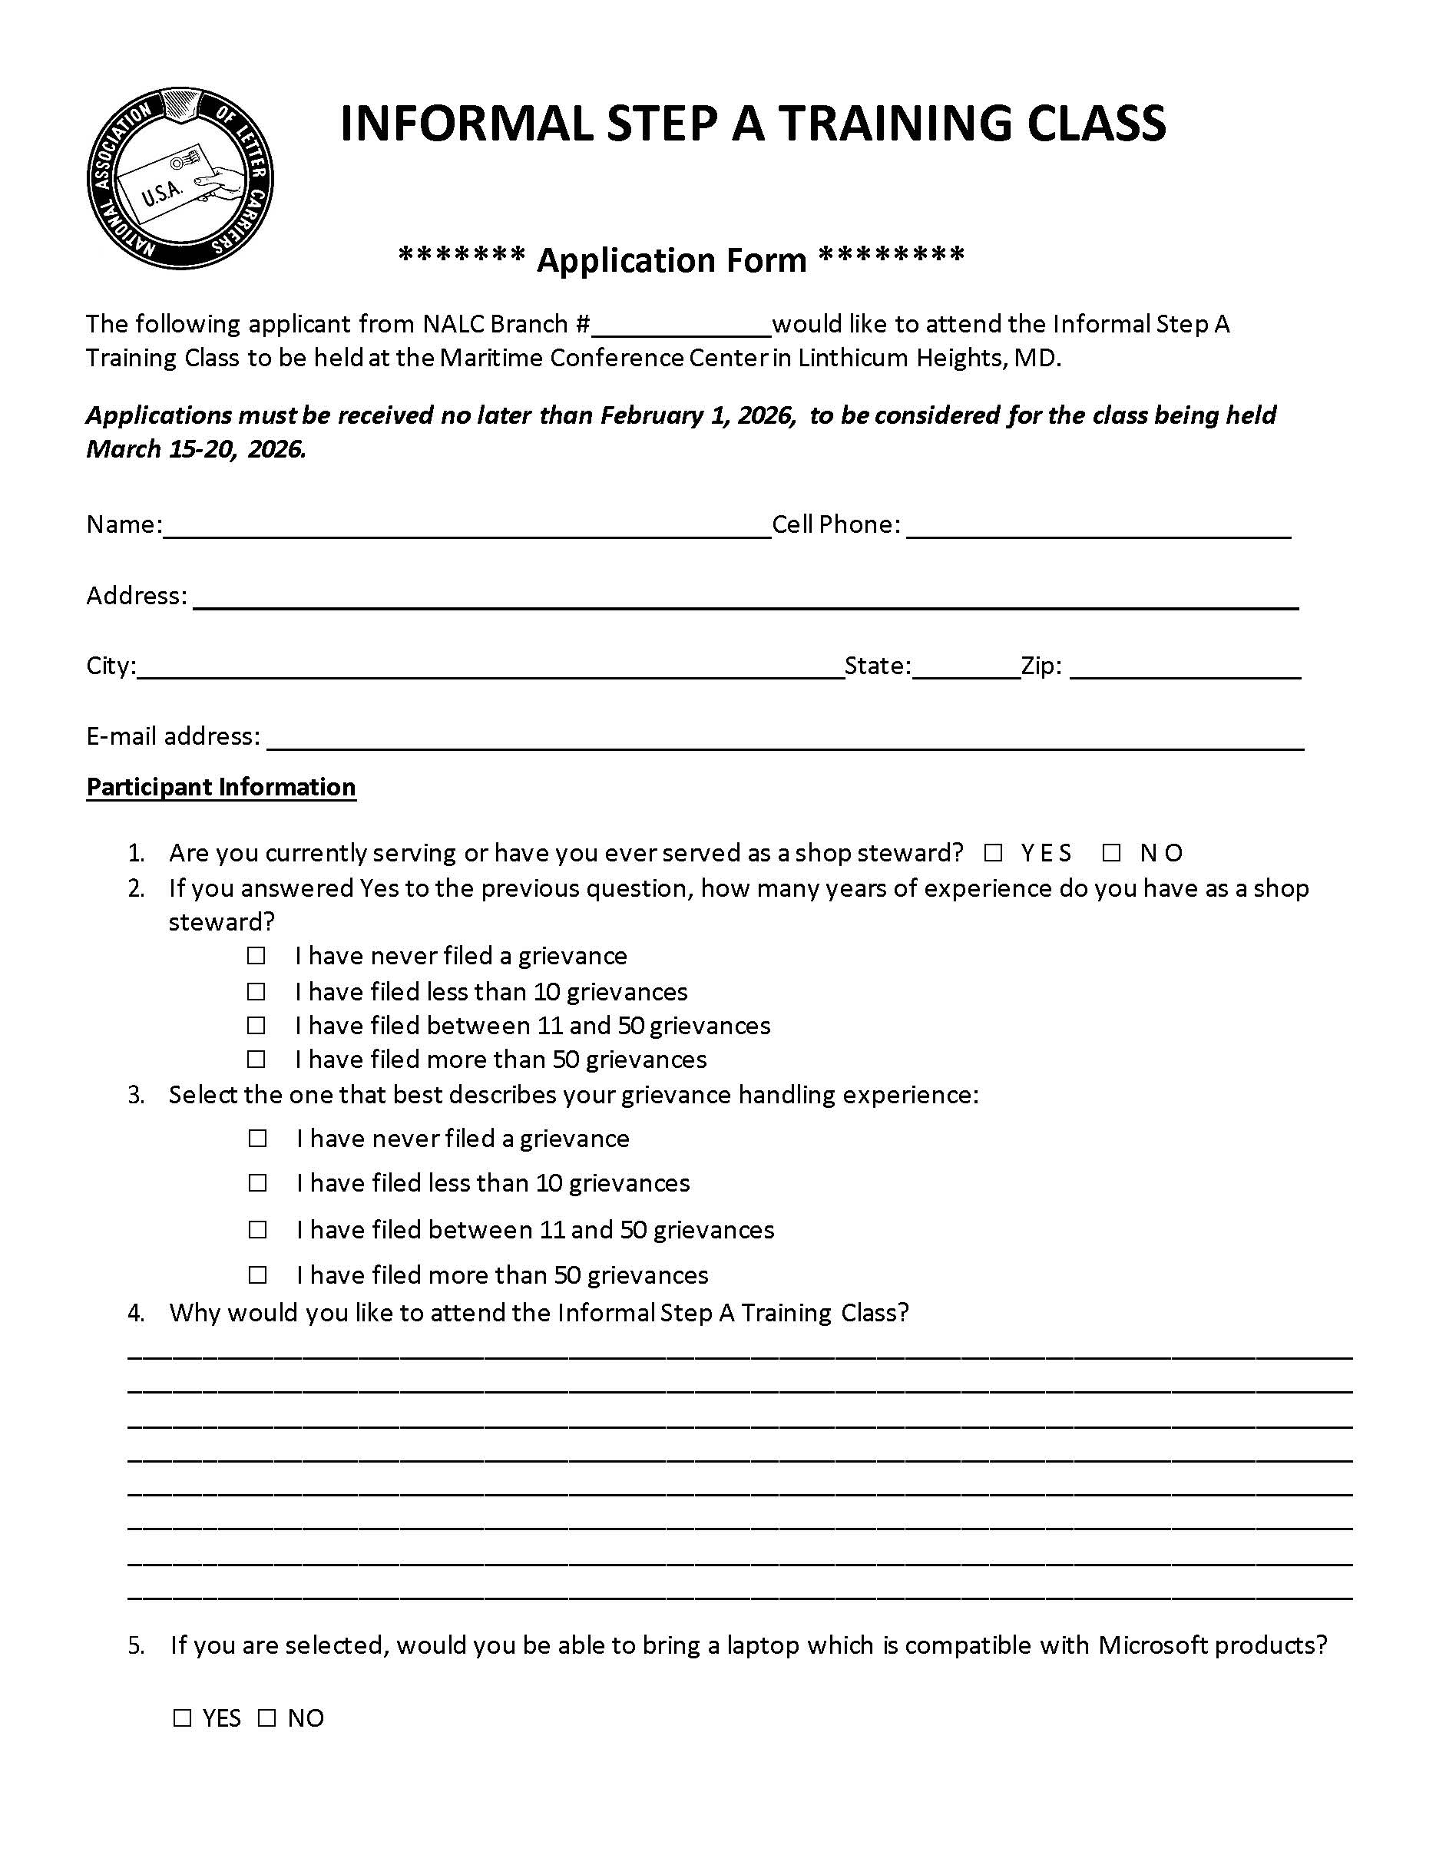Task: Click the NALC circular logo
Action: pyautogui.click(x=180, y=178)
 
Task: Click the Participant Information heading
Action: pyautogui.click(x=221, y=787)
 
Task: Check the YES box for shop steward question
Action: pyautogui.click(x=993, y=853)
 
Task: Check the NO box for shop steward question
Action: pyautogui.click(x=1111, y=853)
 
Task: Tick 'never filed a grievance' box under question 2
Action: pyautogui.click(x=256, y=956)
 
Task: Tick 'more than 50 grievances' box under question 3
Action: pyautogui.click(x=257, y=1275)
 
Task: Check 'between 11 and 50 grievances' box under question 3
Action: pyautogui.click(x=257, y=1229)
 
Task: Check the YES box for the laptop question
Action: pyautogui.click(x=182, y=1717)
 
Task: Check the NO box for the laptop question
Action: pyautogui.click(x=267, y=1717)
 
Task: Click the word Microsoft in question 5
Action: pyautogui.click(x=1153, y=1645)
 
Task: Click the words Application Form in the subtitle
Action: pyautogui.click(x=671, y=260)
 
